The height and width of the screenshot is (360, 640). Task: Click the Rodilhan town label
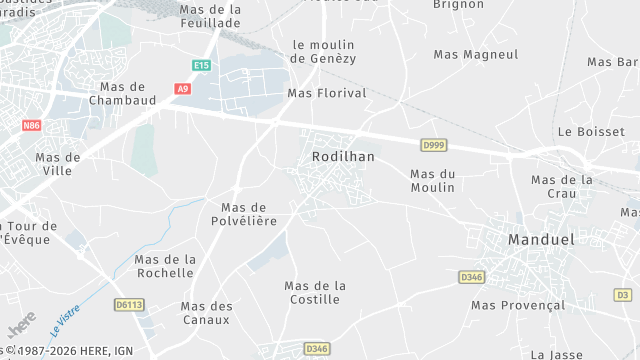pos(343,157)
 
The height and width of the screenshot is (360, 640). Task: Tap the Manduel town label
pos(542,240)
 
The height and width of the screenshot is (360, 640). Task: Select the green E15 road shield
pos(202,65)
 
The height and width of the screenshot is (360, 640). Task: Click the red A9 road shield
pos(182,89)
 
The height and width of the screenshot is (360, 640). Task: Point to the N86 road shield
pos(32,125)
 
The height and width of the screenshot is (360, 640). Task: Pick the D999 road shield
pos(433,145)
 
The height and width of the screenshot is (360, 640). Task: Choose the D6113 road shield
pos(128,304)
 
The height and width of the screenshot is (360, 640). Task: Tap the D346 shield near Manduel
pos(472,276)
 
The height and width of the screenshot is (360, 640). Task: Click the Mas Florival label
pos(327,93)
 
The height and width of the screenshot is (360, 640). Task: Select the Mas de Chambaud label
pos(123,93)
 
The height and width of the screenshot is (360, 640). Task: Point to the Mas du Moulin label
pos(432,180)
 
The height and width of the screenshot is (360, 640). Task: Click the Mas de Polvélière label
pos(242,213)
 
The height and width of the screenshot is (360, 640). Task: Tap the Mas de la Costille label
pos(315,292)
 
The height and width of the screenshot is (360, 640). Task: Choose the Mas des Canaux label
pos(206,313)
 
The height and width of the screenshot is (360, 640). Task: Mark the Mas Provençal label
pos(518,305)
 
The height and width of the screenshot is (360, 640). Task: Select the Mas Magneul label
pos(476,54)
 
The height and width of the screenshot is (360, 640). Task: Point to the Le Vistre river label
pos(64,321)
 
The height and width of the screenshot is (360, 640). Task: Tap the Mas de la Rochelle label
pos(165,265)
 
